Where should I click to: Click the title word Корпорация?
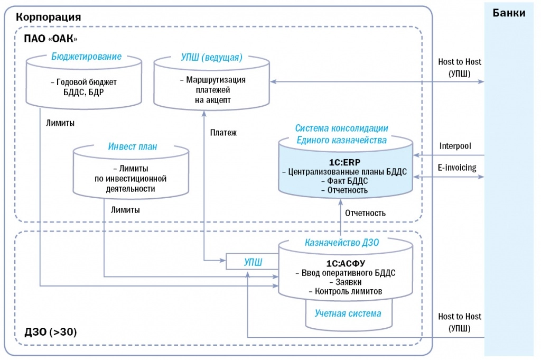[45, 16]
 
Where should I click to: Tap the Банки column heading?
[509, 13]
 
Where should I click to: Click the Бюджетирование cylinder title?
[87, 57]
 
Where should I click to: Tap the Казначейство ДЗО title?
[345, 243]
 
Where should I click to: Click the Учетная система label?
[348, 313]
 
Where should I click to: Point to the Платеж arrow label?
[222, 133]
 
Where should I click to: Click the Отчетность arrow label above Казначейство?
[365, 213]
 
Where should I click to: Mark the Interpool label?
[455, 145]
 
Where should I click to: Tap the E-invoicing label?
[456, 168]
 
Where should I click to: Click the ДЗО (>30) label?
[51, 332]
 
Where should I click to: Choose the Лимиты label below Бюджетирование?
[60, 123]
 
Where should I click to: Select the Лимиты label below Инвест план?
[125, 210]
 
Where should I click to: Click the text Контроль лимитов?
[345, 291]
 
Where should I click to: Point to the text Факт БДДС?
[347, 181]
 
